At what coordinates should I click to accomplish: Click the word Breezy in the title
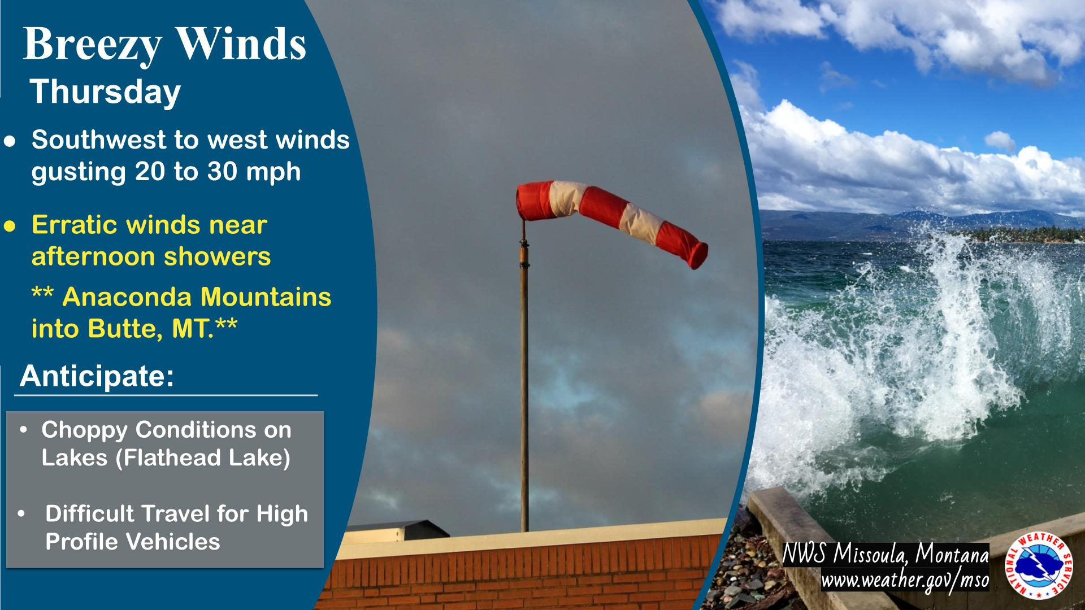coord(92,45)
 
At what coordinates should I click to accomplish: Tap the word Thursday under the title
coord(106,93)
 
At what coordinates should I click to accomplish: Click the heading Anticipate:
coord(97,376)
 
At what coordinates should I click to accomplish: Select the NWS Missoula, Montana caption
coord(886,556)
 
